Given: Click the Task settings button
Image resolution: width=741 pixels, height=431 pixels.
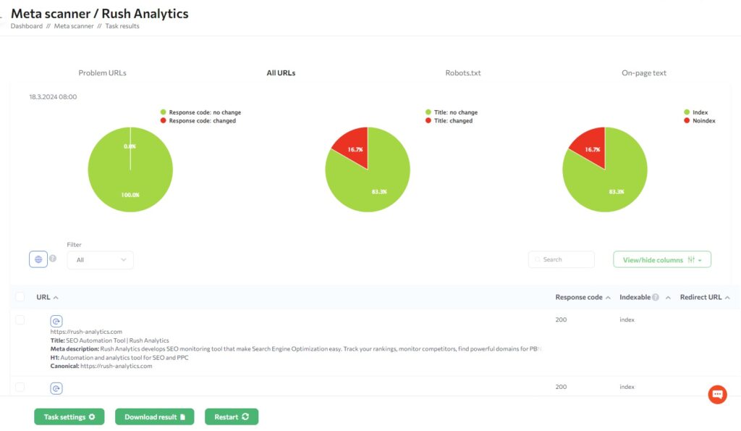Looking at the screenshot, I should coord(69,417).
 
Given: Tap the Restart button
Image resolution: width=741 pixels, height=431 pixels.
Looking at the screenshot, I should coord(232,417).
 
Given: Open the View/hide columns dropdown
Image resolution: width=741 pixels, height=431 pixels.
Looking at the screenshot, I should coord(661,259).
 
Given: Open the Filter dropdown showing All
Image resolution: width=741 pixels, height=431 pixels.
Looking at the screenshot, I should coord(100,259).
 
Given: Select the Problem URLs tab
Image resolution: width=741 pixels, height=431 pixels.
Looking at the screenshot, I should coord(102,73).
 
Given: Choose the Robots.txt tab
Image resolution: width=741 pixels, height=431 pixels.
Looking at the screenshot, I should coord(463,73).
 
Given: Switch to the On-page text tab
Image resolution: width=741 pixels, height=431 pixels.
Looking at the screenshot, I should coord(644,73).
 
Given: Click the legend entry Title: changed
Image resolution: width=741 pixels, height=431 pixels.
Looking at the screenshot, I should coord(452,121).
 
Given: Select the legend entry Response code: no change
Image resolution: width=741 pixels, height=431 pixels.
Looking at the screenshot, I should coord(205,112).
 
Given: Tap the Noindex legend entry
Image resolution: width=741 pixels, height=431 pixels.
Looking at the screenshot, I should coord(702,121).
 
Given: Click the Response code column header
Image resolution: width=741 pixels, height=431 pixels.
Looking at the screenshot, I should coord(579,297).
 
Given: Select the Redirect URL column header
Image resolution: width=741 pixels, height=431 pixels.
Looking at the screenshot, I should coord(700,297).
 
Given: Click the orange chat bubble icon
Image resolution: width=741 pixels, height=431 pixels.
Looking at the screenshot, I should coord(717,394).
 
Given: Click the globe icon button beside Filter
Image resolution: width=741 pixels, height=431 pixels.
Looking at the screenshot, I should coord(38,259).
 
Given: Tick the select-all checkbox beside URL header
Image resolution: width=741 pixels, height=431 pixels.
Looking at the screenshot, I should coord(20,297).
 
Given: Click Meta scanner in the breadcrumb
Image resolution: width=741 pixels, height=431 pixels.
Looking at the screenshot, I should coord(73,26).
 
